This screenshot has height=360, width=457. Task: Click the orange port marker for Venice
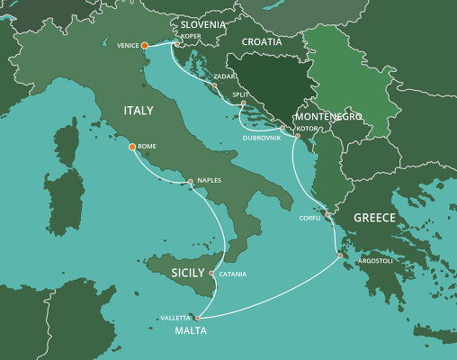point(145,44)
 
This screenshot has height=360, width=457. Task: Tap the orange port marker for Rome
point(132,146)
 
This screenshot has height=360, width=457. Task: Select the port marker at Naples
point(190,182)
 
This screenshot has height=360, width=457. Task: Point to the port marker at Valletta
point(197,317)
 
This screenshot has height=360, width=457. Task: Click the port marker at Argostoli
point(340,256)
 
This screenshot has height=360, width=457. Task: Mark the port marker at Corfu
point(328,215)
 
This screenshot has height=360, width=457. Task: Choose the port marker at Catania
point(211,273)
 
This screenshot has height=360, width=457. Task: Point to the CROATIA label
point(262,41)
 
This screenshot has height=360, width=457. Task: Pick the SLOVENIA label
point(202,23)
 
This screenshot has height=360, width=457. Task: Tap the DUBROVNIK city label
point(262,137)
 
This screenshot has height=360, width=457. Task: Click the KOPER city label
point(192,37)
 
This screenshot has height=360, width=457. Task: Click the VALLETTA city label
point(175,318)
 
